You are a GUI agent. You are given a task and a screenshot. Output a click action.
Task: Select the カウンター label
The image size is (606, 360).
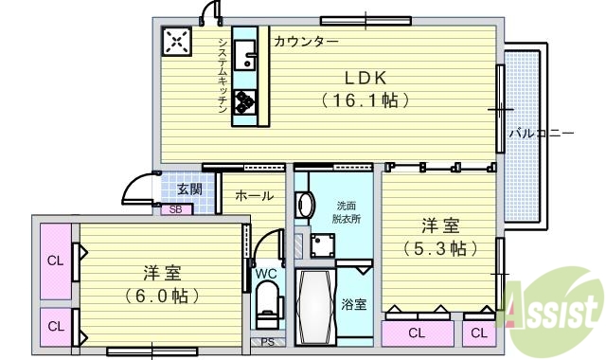click(306, 42)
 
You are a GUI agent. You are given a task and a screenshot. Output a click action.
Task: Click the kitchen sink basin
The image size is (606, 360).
click(245, 52)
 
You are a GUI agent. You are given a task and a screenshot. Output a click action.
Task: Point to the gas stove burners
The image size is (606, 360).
click(244, 101)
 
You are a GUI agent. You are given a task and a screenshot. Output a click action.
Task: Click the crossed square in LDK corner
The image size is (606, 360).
click(177, 41)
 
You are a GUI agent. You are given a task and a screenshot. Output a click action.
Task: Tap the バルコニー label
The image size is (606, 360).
click(542, 134)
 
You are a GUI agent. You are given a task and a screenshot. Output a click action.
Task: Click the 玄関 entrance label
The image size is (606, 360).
click(189, 189)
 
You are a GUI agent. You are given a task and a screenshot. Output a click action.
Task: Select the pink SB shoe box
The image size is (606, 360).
click(175, 209)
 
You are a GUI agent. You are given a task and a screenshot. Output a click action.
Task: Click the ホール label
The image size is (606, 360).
click(254, 196)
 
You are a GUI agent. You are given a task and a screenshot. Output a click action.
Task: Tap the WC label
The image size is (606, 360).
click(266, 274)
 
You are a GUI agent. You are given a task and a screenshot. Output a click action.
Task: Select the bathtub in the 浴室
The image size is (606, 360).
click(313, 306)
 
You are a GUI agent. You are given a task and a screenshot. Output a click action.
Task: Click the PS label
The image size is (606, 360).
click(267, 342)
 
